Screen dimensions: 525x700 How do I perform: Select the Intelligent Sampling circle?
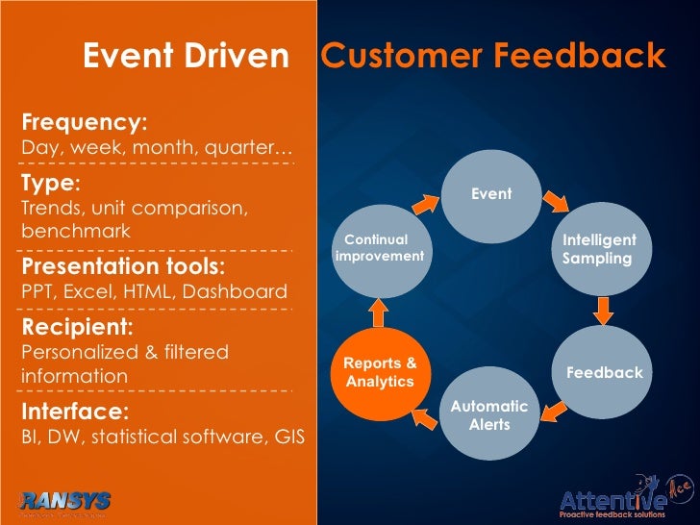[599, 249]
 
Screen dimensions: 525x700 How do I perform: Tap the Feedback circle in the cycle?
[604, 372]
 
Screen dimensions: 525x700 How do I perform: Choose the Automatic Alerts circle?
[489, 415]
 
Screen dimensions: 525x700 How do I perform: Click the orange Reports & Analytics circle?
[380, 373]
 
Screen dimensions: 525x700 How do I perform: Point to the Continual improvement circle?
[381, 248]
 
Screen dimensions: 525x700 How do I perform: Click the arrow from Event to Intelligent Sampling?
[553, 201]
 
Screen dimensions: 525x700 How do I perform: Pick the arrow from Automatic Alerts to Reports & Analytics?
[422, 414]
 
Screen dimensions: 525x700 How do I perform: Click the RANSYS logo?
[63, 502]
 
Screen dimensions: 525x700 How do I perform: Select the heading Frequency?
[85, 123]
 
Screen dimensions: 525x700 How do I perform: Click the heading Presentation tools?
[123, 265]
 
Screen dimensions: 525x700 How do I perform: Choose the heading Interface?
[75, 412]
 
